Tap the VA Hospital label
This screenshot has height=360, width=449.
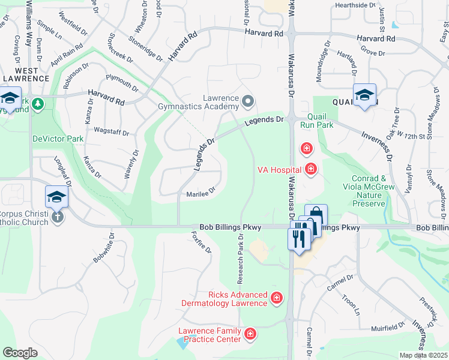pos(279,170)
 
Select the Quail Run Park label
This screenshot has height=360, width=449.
pos(320,121)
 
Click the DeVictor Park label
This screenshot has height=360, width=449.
pos(58,139)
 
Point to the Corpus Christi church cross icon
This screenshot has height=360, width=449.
pos(57,217)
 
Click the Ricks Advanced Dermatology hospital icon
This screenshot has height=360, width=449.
pos(276,298)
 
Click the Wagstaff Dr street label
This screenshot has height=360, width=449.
pos(112,130)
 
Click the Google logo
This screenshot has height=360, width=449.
pos(20,353)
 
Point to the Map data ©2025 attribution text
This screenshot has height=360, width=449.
pos(423,355)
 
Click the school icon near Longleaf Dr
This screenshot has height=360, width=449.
pos(56,196)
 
